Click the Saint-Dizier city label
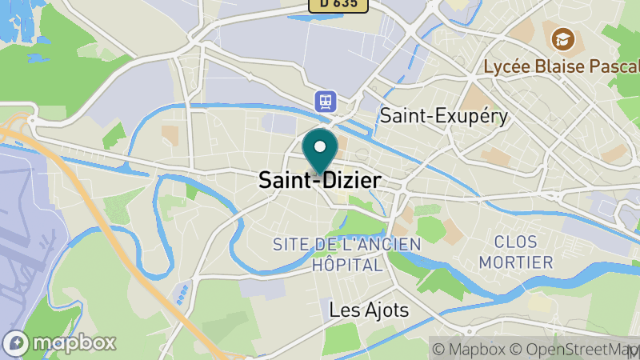click(319, 181)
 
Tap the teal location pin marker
click(320, 153)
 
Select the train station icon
click(326, 102)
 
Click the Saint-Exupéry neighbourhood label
click(444, 116)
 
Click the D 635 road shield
click(338, 4)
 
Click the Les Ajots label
click(370, 309)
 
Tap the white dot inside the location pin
click(320, 146)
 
